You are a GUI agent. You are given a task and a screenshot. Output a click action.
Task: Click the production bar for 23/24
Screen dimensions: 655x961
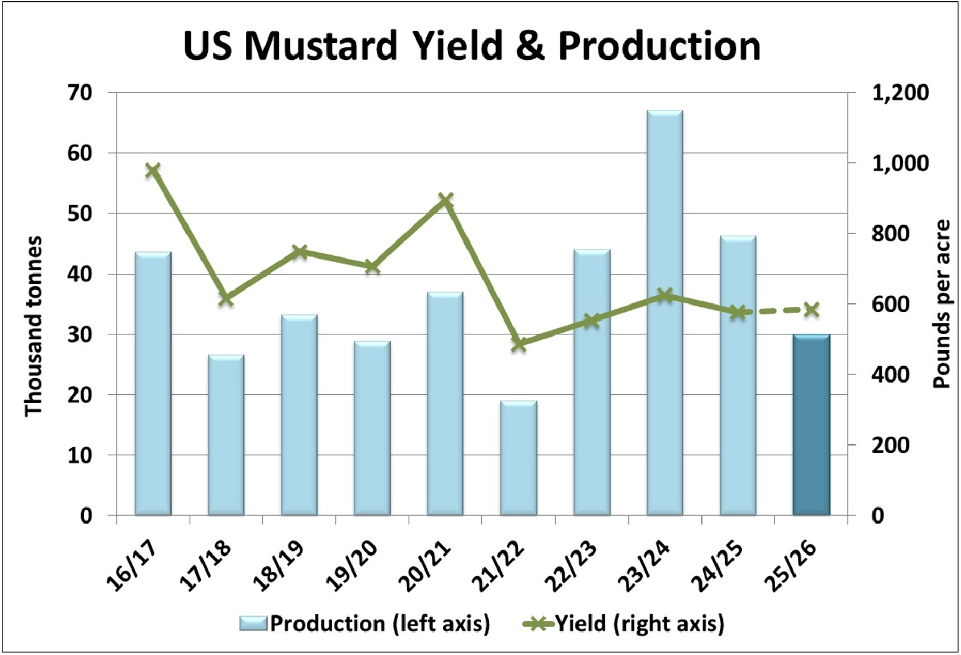[665, 312]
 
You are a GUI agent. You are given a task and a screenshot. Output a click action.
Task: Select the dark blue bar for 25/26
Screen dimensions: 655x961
[811, 424]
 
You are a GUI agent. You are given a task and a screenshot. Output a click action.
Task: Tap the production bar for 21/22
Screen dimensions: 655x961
[519, 458]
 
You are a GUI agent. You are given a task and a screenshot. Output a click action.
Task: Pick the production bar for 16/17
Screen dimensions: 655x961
[153, 384]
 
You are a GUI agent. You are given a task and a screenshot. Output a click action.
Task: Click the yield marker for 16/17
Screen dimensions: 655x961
[153, 170]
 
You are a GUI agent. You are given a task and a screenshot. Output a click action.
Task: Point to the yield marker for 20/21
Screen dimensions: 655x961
[445, 200]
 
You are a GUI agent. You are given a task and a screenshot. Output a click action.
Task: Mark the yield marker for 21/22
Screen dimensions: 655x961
[519, 344]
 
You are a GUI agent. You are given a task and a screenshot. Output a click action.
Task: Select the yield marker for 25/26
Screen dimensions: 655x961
[811, 309]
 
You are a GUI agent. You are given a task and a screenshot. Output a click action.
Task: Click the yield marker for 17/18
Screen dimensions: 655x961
[226, 299]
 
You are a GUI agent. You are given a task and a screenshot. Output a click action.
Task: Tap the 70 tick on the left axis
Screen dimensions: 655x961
[79, 93]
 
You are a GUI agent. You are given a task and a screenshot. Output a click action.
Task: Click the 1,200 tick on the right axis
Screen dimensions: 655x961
[900, 93]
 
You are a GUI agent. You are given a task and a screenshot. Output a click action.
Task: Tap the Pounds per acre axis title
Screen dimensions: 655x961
[941, 304]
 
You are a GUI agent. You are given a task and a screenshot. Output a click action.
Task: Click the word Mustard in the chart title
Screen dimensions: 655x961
[321, 46]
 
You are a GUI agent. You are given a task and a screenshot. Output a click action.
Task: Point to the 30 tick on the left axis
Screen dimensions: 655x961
[79, 334]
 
